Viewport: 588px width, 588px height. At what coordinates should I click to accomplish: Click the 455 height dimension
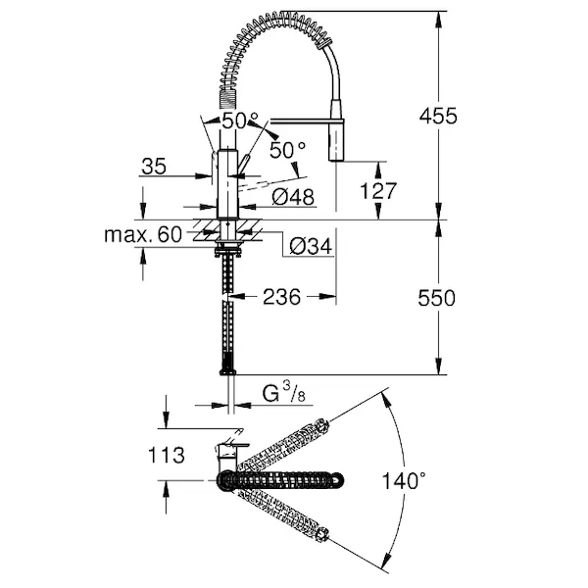(437, 116)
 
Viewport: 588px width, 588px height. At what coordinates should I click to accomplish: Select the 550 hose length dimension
(437, 298)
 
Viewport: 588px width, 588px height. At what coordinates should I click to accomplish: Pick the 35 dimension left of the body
(154, 167)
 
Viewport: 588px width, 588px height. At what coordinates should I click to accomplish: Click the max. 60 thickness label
(143, 234)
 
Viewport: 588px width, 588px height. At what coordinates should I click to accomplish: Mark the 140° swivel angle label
(404, 481)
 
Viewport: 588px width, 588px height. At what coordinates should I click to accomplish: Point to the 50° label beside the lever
(287, 150)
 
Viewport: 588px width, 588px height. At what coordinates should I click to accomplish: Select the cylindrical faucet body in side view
(226, 186)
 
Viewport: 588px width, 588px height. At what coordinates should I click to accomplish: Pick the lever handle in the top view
(227, 449)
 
